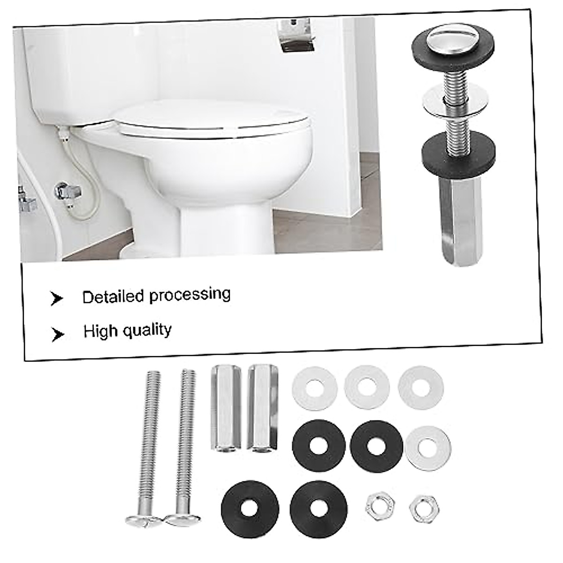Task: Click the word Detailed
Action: tap(113, 297)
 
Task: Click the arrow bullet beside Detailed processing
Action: tap(57, 298)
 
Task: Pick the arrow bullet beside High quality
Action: tap(58, 334)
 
